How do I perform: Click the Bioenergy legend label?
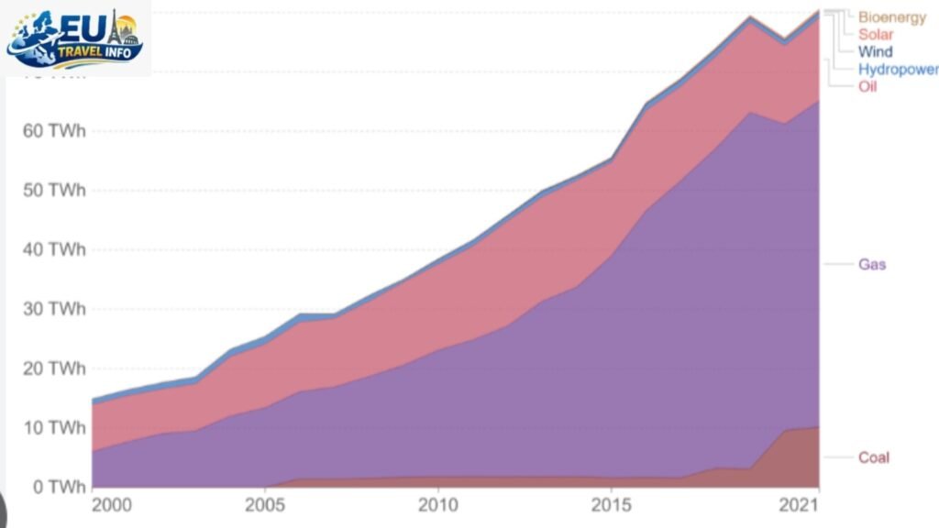[x=891, y=17]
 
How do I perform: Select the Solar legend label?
[x=875, y=35]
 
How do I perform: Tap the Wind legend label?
[x=875, y=52]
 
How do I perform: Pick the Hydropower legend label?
[x=898, y=70]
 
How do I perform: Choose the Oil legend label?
[x=867, y=87]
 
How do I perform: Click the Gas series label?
[x=872, y=265]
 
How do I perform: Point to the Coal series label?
[x=873, y=457]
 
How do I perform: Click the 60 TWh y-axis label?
[x=53, y=131]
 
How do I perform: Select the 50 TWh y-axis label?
[x=53, y=191]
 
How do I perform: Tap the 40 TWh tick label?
[x=53, y=249]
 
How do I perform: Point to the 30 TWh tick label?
[x=53, y=309]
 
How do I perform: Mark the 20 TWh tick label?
[x=53, y=368]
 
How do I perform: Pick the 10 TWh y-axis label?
[x=53, y=427]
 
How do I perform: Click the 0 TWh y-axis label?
[x=57, y=486]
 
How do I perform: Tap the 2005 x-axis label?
[x=264, y=505]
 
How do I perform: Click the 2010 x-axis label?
[x=437, y=505]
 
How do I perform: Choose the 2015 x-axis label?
[x=611, y=505]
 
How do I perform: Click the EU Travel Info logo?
[x=75, y=38]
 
